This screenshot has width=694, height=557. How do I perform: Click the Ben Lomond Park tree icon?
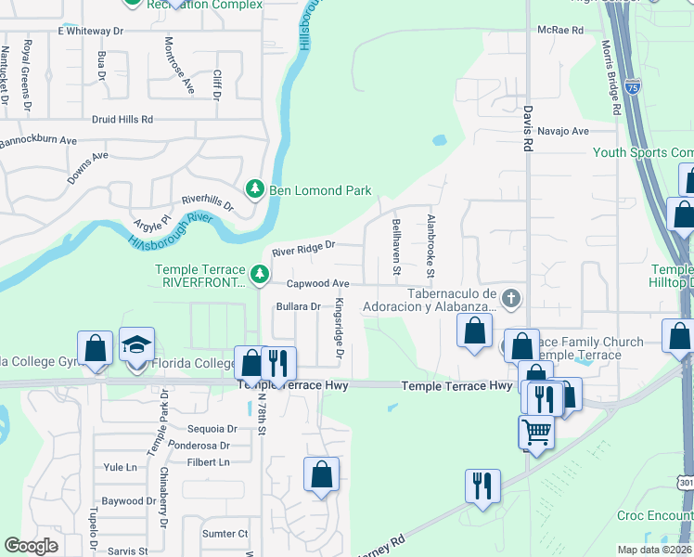click(255, 189)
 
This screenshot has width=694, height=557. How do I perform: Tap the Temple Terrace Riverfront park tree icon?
click(261, 274)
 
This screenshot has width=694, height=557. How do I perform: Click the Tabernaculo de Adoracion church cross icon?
click(510, 298)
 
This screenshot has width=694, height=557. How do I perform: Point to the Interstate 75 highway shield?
click(632, 87)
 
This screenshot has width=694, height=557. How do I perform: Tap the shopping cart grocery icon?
click(536, 432)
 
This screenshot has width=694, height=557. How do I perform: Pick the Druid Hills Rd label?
click(122, 120)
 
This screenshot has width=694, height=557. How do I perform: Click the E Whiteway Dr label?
click(90, 31)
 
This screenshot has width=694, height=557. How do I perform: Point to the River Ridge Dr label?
click(302, 252)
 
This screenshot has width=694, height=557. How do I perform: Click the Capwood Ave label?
click(317, 283)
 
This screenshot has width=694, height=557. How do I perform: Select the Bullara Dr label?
click(298, 306)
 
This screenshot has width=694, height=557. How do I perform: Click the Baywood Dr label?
click(123, 501)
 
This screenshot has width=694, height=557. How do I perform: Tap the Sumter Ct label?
click(225, 534)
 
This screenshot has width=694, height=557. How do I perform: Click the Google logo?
click(31, 546)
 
